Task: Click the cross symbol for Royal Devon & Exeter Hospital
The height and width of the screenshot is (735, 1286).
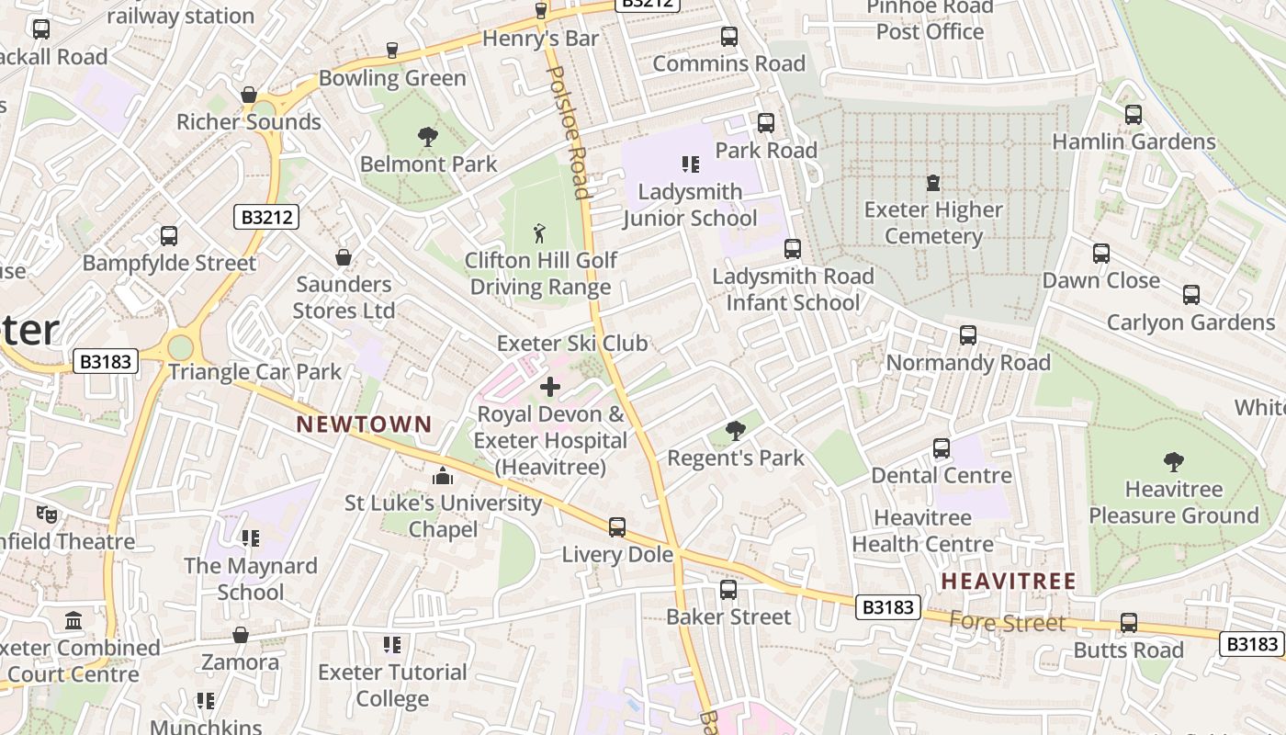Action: (550, 387)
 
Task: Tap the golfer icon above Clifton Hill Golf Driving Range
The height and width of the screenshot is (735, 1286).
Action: (539, 233)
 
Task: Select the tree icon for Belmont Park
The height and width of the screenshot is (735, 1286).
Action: (427, 137)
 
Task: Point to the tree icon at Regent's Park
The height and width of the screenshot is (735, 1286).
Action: (735, 430)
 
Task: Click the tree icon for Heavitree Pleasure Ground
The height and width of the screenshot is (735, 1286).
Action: (1173, 461)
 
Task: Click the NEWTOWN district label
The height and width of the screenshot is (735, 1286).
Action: (364, 424)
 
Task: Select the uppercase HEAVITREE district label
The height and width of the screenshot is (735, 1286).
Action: (1008, 581)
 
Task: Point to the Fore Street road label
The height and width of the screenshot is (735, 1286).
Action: (1007, 623)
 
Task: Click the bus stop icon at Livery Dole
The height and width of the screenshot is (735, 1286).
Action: (617, 527)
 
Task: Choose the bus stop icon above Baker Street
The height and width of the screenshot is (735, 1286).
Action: (728, 589)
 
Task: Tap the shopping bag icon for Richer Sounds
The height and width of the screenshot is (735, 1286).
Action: (248, 95)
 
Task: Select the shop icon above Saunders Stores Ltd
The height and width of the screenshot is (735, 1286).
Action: (344, 257)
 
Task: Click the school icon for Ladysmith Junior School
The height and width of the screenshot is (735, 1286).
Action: (690, 164)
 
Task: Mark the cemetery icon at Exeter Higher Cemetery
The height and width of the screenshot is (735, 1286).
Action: (933, 182)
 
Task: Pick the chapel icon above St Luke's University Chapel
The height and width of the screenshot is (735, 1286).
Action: (443, 476)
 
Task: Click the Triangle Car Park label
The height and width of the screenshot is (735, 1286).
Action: (254, 372)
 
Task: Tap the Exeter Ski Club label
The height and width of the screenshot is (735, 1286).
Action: (572, 344)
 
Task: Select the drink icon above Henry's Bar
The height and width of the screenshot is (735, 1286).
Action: (541, 11)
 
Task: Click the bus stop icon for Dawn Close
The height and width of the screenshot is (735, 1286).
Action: (1100, 254)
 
